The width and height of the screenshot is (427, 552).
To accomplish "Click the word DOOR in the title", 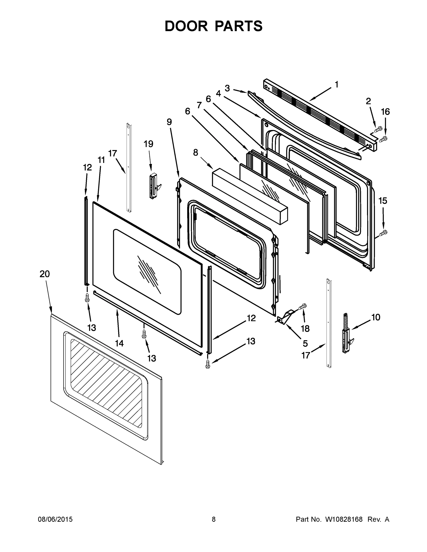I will pyautogui.click(x=186, y=26).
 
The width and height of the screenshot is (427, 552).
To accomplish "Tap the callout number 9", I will pyautogui.click(x=169, y=122).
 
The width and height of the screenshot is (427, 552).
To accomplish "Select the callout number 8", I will pyautogui.click(x=195, y=153).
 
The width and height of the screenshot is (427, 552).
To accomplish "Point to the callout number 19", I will pyautogui.click(x=148, y=144).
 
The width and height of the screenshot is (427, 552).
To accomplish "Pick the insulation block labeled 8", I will pyautogui.click(x=250, y=196).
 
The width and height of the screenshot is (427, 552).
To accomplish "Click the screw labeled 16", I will pyautogui.click(x=383, y=138).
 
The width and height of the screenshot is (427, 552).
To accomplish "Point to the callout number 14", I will pyautogui.click(x=119, y=343).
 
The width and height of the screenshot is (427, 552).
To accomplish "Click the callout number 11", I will pyautogui.click(x=101, y=160).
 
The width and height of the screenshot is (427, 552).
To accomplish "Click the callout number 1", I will pyautogui.click(x=337, y=84).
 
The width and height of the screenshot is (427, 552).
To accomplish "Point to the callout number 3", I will pyautogui.click(x=227, y=88).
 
